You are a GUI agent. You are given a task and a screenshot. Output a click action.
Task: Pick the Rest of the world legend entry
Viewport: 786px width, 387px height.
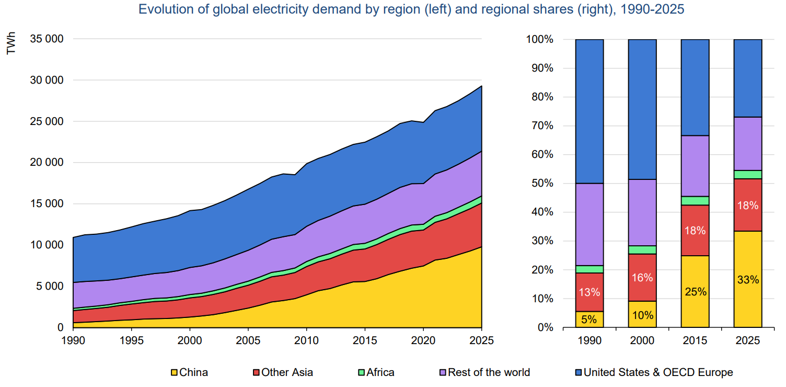(x=484, y=372)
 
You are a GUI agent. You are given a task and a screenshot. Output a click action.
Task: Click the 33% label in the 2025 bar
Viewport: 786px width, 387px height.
(x=748, y=280)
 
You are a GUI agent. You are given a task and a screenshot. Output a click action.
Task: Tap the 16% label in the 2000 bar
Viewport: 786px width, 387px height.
(x=642, y=278)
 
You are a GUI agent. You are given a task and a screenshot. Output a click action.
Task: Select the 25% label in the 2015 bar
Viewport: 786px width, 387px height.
(x=695, y=292)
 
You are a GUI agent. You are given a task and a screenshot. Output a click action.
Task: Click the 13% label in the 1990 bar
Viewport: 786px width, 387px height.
(x=589, y=292)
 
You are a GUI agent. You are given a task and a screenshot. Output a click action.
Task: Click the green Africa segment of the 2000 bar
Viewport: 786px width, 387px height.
(x=642, y=250)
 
